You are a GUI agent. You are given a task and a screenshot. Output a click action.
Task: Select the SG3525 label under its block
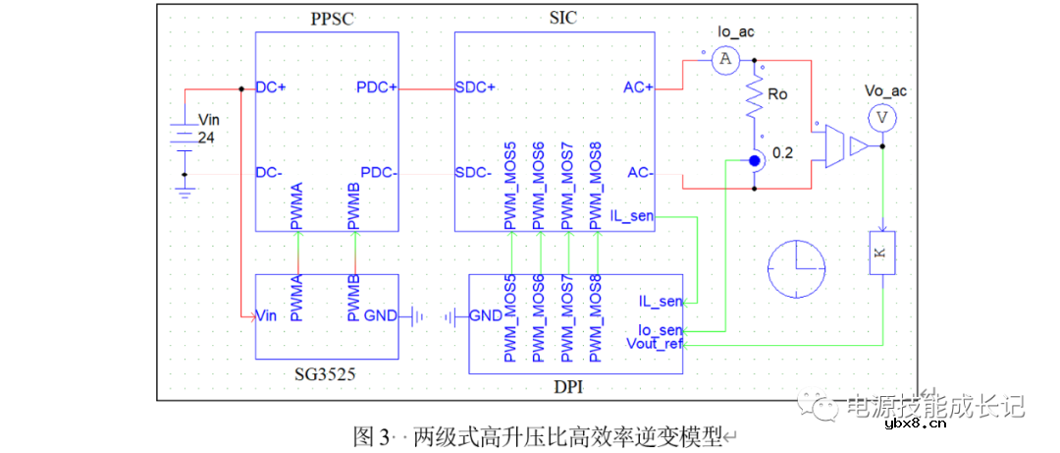point(327,374)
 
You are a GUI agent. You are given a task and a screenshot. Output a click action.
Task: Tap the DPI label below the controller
point(567,388)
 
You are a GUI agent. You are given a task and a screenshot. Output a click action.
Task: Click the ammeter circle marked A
point(725,61)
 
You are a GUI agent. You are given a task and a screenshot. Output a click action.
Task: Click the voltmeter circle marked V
point(882,116)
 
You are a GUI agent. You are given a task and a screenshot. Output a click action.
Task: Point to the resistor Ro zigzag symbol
point(756,98)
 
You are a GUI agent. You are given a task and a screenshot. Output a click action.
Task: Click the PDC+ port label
point(377,87)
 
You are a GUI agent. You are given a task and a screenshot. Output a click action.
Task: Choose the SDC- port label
point(475,172)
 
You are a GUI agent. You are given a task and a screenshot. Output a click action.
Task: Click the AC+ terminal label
point(638,87)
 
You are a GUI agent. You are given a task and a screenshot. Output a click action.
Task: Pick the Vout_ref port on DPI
point(654,344)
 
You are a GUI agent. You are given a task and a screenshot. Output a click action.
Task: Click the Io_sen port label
point(661,331)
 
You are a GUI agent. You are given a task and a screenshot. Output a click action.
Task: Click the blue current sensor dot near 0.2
point(754,160)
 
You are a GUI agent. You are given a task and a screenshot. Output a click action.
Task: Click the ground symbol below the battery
point(184,192)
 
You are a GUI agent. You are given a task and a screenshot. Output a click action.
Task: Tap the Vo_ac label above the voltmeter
point(885,91)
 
